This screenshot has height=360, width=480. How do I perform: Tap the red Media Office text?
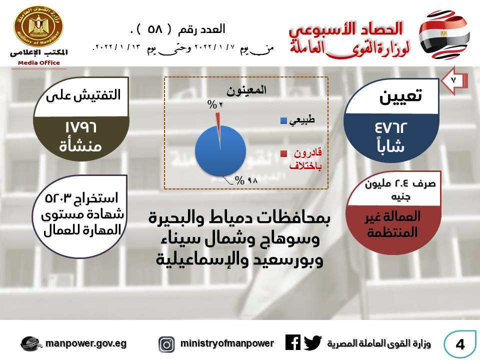(x=39, y=63)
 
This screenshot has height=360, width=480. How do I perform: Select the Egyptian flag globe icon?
(x=444, y=35)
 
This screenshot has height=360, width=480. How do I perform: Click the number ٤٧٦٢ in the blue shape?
(x=391, y=127)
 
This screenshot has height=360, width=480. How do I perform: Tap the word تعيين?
(x=400, y=96)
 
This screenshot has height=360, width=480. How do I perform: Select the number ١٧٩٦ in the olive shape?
(x=81, y=127)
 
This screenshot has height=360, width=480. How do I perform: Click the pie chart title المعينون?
(x=246, y=90)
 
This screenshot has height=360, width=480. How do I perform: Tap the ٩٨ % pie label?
(x=246, y=180)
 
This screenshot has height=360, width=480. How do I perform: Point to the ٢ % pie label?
(x=215, y=104)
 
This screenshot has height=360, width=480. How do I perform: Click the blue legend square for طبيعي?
(x=283, y=120)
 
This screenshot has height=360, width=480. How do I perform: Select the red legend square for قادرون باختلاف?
(x=283, y=154)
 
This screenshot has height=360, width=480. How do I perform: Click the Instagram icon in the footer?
(x=166, y=344)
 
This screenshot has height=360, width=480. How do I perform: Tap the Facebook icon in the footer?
(x=293, y=342)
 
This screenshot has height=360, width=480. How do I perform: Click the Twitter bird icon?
(x=313, y=343)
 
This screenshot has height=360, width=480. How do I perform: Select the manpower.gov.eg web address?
(x=86, y=344)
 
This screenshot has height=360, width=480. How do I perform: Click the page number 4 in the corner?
(x=460, y=344)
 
